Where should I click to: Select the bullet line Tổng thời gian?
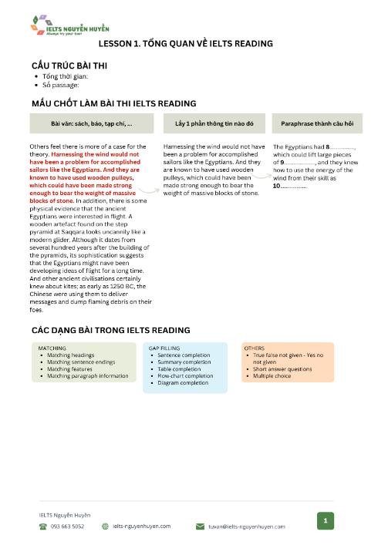[68, 76]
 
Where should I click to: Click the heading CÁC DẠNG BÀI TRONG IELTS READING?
[110, 330]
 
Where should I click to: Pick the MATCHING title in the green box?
[52, 348]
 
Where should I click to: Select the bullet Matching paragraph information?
[87, 376]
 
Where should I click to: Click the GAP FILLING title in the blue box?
[164, 348]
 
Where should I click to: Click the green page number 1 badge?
[326, 522]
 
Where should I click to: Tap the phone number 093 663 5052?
[67, 527]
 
